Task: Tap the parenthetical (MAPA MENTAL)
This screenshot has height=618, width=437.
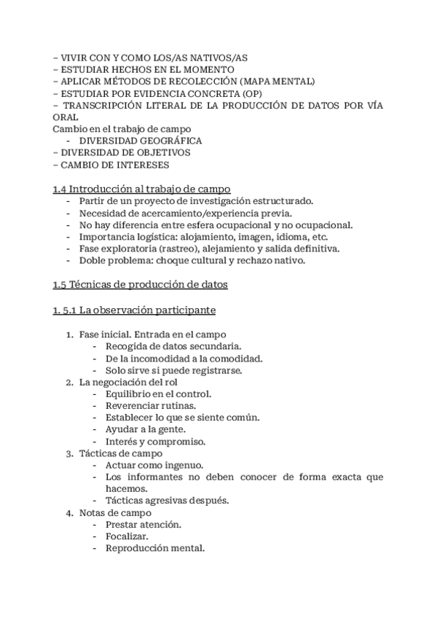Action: [x=278, y=81]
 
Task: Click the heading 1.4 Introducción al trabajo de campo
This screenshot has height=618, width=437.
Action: [x=142, y=188]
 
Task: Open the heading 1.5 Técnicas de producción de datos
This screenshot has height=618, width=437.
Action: [x=141, y=284]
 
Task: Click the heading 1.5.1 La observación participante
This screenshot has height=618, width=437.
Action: [x=135, y=310]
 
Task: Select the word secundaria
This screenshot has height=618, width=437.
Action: [x=216, y=346]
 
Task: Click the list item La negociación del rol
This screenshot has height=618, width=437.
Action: [x=128, y=382]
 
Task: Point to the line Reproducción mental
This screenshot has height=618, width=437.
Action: [x=154, y=548]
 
